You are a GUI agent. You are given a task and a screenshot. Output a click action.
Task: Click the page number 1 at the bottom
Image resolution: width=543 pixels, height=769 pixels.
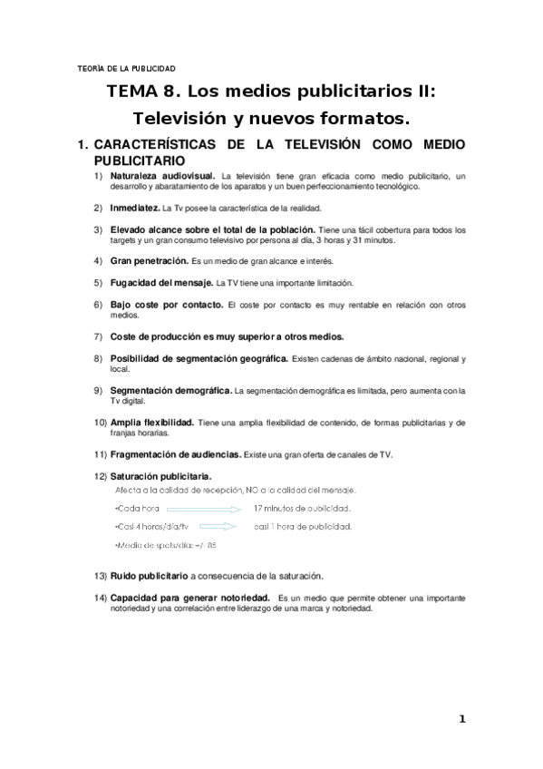click(461, 719)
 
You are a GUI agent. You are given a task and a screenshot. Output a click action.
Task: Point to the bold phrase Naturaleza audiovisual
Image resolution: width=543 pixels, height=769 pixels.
click(162, 175)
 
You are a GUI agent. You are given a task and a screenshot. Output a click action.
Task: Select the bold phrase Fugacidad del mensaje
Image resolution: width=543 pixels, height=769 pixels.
click(161, 282)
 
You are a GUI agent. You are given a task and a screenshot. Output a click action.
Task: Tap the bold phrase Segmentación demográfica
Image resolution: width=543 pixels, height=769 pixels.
click(170, 391)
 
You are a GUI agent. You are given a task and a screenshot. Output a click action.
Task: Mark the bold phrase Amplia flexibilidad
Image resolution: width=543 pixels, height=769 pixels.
click(151, 423)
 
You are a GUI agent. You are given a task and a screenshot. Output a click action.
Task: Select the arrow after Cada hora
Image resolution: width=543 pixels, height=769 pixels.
click(204, 510)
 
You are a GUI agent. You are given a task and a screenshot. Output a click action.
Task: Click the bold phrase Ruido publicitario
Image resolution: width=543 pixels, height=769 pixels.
click(149, 576)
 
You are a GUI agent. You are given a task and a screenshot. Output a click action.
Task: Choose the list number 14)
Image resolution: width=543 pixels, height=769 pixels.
click(100, 599)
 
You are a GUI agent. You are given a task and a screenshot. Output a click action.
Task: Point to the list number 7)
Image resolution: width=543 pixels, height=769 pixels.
click(100, 336)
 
